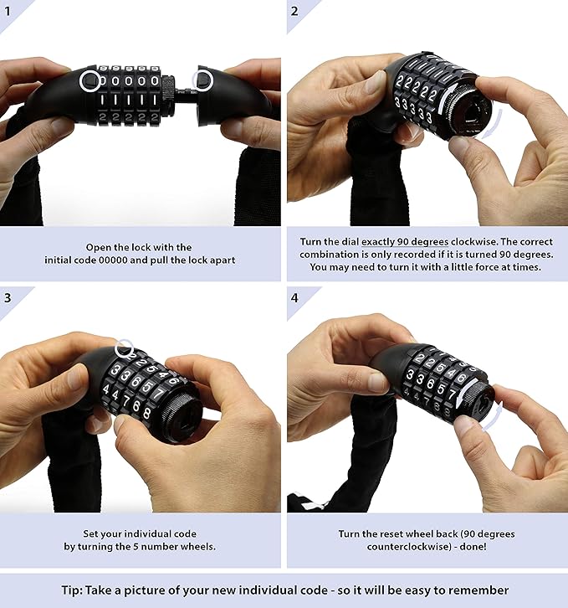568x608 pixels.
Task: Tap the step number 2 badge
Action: click(x=295, y=11)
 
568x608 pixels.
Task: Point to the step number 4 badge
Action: click(x=295, y=296)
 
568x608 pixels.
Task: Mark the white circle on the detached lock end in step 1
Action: click(x=202, y=80)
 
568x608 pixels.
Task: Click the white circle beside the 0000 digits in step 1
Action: click(x=90, y=81)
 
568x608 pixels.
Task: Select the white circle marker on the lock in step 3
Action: click(x=125, y=347)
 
